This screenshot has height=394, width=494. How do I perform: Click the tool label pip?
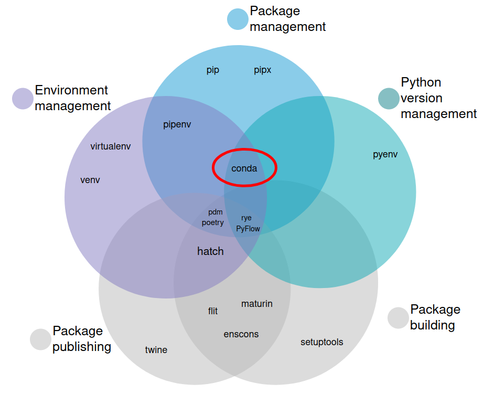[x=212, y=70]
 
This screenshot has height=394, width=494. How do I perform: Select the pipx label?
[x=262, y=70]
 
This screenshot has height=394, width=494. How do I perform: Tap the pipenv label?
[x=177, y=125]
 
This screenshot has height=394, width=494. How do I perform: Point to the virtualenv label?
[x=110, y=146]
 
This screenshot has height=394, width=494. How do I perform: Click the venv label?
[x=90, y=180]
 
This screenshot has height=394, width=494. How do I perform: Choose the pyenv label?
[x=385, y=155]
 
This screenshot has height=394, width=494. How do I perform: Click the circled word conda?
[x=244, y=168]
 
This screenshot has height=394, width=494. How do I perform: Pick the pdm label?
[x=216, y=212]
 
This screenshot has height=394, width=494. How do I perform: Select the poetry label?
[x=212, y=222]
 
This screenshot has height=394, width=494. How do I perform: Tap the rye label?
[x=246, y=218]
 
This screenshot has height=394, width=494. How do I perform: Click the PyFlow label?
[x=248, y=229]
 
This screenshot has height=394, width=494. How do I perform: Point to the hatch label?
[x=210, y=251]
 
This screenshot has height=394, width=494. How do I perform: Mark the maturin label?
[x=257, y=304]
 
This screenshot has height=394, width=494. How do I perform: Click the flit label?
[x=212, y=311]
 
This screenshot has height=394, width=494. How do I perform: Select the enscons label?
[x=241, y=334]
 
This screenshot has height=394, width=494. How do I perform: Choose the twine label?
[x=156, y=350]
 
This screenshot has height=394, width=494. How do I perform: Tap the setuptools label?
[x=321, y=342]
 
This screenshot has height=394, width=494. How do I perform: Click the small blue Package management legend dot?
[x=238, y=19]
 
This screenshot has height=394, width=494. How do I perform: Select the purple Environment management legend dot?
[x=23, y=98]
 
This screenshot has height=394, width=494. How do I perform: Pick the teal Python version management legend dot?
[x=389, y=98]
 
